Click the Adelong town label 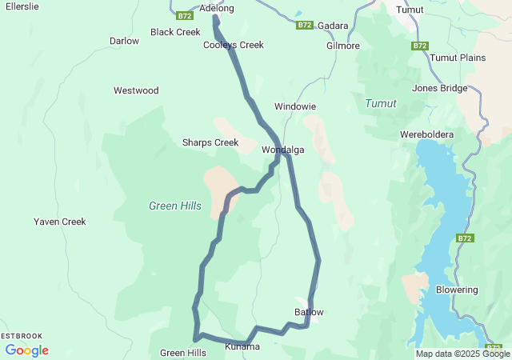[216, 8]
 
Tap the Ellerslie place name [23, 6]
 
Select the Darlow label [124, 41]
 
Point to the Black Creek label [175, 33]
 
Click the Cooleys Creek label [233, 46]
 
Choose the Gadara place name [333, 26]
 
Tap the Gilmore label [343, 46]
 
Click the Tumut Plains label [458, 58]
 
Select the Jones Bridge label [439, 88]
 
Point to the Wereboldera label [426, 134]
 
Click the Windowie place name [295, 106]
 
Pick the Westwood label [136, 90]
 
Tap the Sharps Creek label [210, 142]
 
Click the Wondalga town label [283, 150]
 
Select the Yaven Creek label [59, 222]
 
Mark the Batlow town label [309, 311]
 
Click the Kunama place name [242, 346]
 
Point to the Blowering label [457, 290]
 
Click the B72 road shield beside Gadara [304, 26]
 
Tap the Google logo [26, 350]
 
